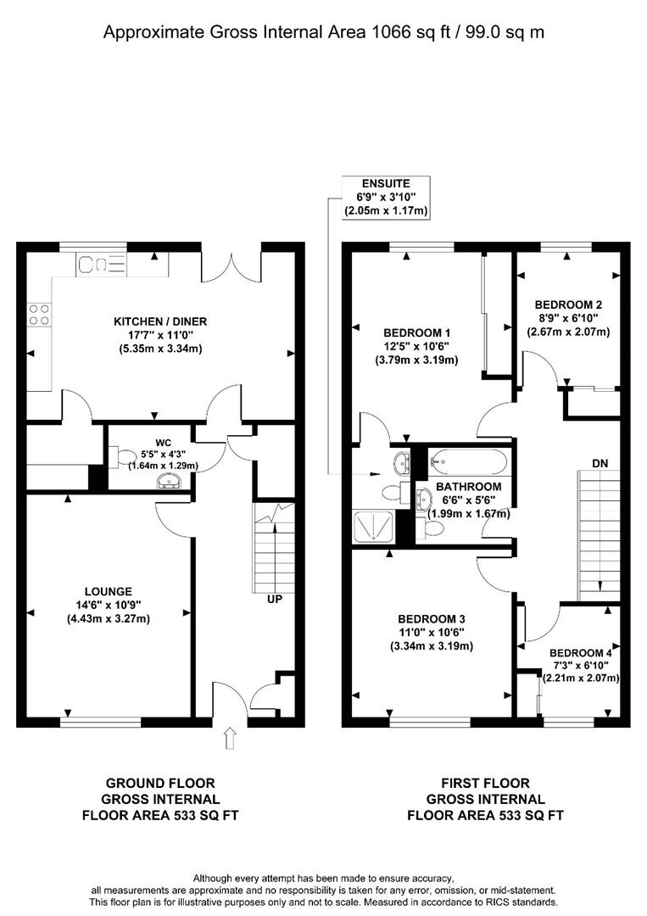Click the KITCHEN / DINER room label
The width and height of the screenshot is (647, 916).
pyautogui.click(x=160, y=321)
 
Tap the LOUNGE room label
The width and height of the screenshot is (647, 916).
pyautogui.click(x=108, y=591)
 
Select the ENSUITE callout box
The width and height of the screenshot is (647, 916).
pyautogui.click(x=386, y=197)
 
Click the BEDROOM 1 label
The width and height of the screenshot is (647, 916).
pyautogui.click(x=416, y=332)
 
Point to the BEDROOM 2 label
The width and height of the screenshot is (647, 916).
pyautogui.click(x=568, y=304)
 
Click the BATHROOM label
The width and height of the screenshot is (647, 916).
pyautogui.click(x=468, y=487)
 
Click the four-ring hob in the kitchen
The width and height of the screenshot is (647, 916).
pyautogui.click(x=39, y=315)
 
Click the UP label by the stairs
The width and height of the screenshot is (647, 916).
pyautogui.click(x=274, y=599)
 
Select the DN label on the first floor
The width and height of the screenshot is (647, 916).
pyautogui.click(x=600, y=463)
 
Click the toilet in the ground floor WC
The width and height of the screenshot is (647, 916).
pyautogui.click(x=123, y=459)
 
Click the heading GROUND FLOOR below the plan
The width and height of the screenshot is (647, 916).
pyautogui.click(x=159, y=783)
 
